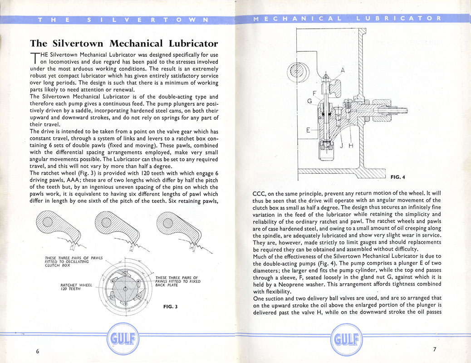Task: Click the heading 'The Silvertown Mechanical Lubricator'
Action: click(x=124, y=44)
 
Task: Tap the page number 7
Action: click(x=434, y=349)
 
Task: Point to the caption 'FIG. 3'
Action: click(x=170, y=306)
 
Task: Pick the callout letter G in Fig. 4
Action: click(x=309, y=101)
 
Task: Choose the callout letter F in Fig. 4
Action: click(x=314, y=93)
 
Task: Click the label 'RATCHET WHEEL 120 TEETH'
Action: click(x=76, y=287)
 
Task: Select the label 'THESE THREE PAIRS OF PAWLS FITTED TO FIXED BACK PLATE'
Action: click(x=177, y=281)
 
